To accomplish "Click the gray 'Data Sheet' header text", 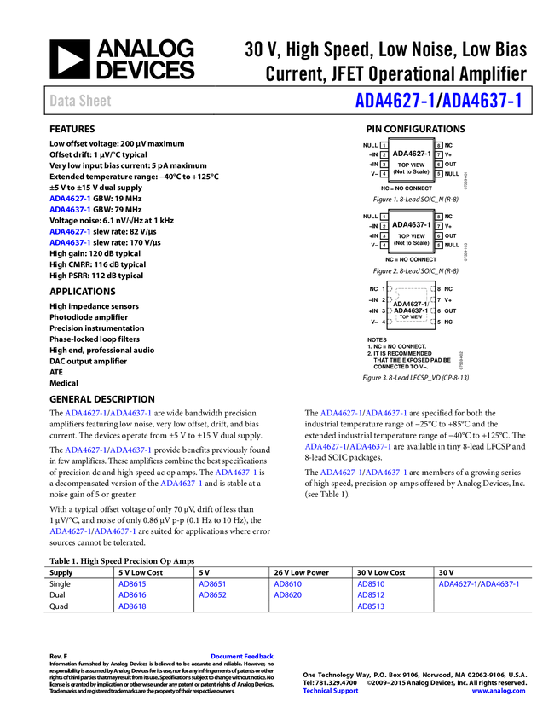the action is pyautogui.click(x=81, y=101).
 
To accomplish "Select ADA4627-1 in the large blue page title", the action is pyautogui.click(x=395, y=101).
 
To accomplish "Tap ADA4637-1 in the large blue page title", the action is pyautogui.click(x=482, y=101).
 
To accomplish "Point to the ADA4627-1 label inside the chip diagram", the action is pyautogui.click(x=411, y=304).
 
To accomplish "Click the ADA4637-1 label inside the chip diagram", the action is pyautogui.click(x=411, y=310).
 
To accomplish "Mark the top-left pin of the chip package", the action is pyautogui.click(x=391, y=288).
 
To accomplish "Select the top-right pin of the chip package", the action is pyautogui.click(x=431, y=288).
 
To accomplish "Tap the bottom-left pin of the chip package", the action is pyautogui.click(x=391, y=322).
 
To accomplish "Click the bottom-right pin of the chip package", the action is pyautogui.click(x=431, y=322).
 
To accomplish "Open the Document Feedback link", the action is pyautogui.click(x=243, y=656).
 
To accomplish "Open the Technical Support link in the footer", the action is pyautogui.click(x=331, y=691).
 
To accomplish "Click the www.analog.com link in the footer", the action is pyautogui.click(x=499, y=691).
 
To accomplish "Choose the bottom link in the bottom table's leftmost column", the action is pyautogui.click(x=132, y=606).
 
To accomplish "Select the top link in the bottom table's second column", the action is pyautogui.click(x=212, y=584).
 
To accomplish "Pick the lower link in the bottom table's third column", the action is pyautogui.click(x=287, y=595).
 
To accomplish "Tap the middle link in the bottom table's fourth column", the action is pyautogui.click(x=371, y=595).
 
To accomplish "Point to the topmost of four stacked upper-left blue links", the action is pyautogui.click(x=69, y=198).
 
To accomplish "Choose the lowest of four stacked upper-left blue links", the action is pyautogui.click(x=69, y=243).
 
